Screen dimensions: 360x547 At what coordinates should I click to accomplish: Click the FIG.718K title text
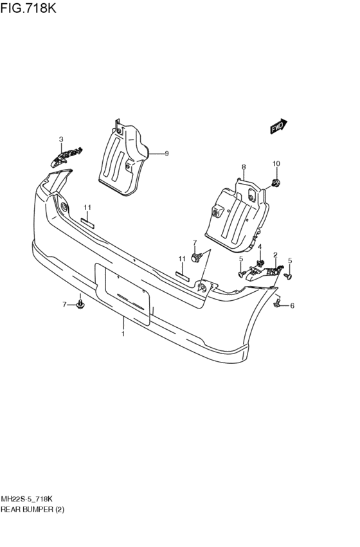tap(28, 8)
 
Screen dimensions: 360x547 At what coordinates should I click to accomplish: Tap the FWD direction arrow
tap(278, 127)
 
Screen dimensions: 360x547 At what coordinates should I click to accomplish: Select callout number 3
tap(61, 139)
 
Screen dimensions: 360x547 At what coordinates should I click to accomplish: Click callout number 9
tap(166, 154)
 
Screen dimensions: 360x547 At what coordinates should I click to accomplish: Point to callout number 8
tap(244, 168)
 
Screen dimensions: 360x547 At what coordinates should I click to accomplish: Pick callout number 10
tap(276, 164)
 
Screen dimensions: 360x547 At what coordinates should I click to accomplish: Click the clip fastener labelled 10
tap(276, 182)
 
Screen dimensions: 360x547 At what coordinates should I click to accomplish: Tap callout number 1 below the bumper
tap(123, 334)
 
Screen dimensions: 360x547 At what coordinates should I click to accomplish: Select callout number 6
tap(292, 305)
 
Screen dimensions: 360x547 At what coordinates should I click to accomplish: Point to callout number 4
tap(260, 247)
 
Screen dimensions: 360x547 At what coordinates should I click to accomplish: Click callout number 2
tap(275, 255)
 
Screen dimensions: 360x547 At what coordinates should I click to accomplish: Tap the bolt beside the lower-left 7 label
tap(80, 305)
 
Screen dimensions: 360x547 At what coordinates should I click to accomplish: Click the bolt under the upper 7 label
tap(195, 258)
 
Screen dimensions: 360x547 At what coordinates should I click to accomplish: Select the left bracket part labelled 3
tap(66, 156)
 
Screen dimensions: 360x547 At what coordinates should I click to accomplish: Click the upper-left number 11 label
tap(87, 208)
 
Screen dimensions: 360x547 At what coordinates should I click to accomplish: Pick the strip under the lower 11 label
tap(182, 276)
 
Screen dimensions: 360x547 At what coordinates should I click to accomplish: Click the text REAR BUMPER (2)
tap(32, 510)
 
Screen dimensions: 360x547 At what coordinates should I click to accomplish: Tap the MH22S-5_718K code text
tap(27, 499)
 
